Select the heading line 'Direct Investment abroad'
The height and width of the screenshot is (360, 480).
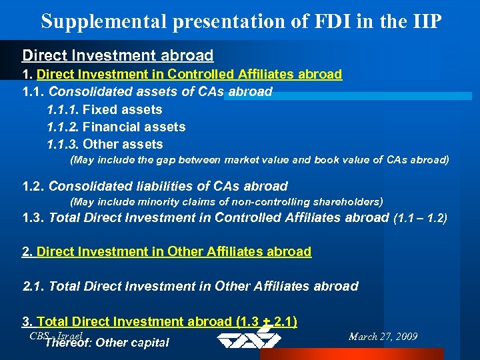tap(118, 56)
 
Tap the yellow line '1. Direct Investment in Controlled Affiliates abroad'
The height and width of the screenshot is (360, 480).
tap(182, 74)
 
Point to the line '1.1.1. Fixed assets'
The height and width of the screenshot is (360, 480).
tap(105, 109)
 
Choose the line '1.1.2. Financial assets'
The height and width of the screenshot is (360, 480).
tap(116, 127)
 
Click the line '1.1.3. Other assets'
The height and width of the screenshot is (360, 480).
tap(105, 144)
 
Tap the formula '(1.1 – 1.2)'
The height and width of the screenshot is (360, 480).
tap(421, 217)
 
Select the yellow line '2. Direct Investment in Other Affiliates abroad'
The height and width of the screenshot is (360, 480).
tap(167, 251)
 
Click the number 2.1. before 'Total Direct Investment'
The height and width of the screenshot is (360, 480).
tap(34, 287)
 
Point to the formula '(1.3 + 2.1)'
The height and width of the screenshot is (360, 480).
tap(267, 321)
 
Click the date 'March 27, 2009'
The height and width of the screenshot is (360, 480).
tap(383, 336)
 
